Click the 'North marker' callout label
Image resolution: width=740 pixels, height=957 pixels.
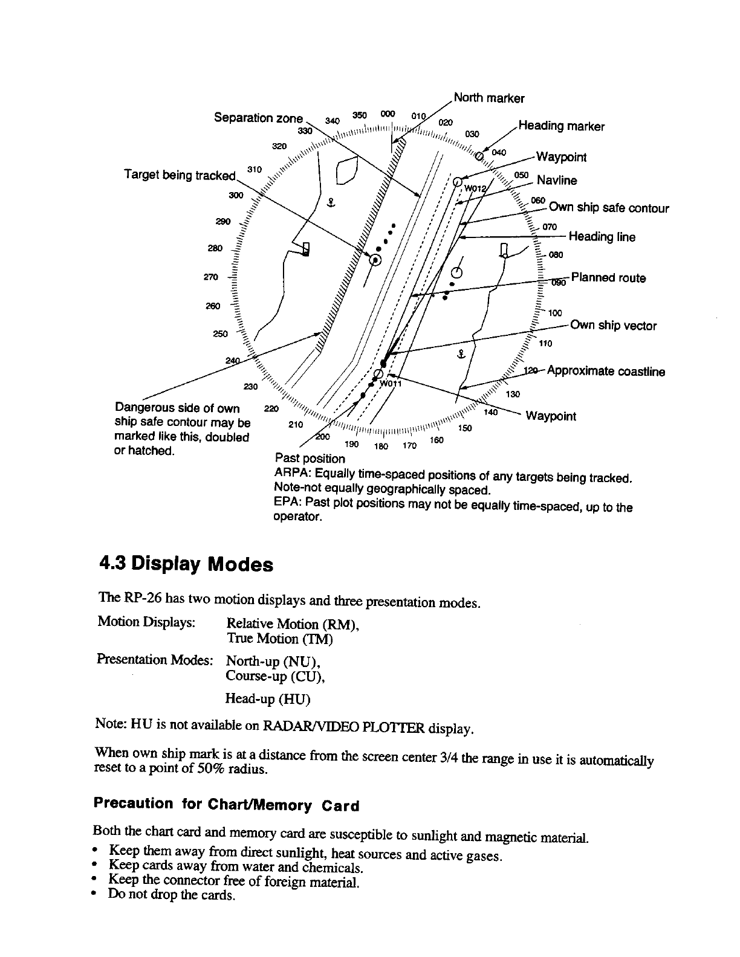(488, 98)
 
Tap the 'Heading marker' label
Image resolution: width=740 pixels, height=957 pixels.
(561, 126)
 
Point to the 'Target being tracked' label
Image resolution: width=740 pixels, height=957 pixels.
(179, 175)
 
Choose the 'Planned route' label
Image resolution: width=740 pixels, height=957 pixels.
(608, 279)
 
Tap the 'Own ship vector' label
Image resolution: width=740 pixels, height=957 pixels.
(613, 326)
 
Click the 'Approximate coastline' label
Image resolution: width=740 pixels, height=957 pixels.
(606, 372)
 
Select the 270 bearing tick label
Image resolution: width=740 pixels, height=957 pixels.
(210, 277)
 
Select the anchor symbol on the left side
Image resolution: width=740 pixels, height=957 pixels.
(330, 203)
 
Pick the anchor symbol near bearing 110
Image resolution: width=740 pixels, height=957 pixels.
(460, 353)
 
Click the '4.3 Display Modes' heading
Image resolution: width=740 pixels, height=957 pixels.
(186, 565)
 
